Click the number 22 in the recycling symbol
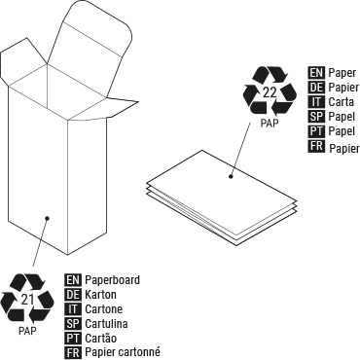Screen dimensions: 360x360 point(269,93)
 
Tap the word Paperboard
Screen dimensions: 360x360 point(112,279)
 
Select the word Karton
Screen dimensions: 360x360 point(101,294)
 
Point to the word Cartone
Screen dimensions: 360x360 point(104,308)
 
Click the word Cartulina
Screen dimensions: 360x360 point(107,323)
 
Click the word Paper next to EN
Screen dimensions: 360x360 point(342,72)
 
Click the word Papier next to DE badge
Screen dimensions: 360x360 point(344,87)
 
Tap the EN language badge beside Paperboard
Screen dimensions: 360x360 point(72,279)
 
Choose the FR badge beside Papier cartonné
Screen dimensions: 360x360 point(72,352)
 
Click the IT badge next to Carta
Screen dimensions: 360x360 point(316,101)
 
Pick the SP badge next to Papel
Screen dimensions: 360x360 point(316,116)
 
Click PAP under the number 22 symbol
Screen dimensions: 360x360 point(269,125)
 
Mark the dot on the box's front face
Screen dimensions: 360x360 point(46,218)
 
